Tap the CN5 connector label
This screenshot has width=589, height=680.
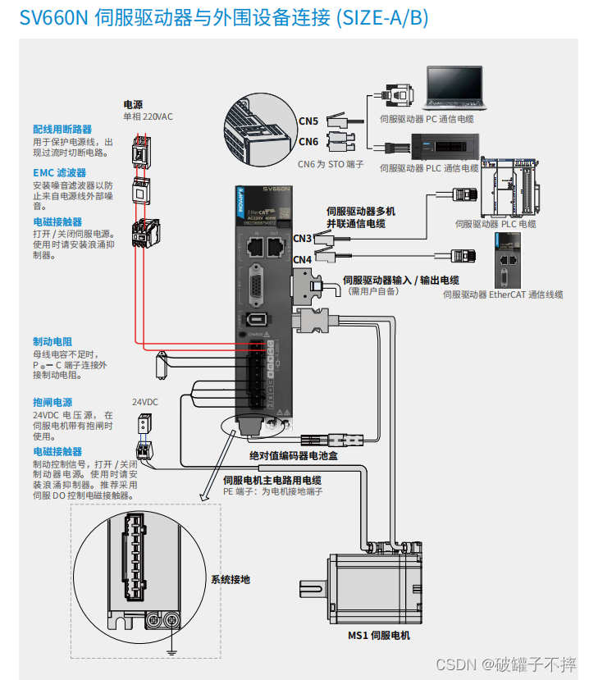tap(308, 121)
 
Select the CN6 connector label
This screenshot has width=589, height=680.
tap(308, 141)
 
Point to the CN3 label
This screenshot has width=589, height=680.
tap(303, 239)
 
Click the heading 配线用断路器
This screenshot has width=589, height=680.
tap(62, 130)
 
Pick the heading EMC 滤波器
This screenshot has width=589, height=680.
tap(60, 173)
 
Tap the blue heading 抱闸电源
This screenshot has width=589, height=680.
tap(53, 403)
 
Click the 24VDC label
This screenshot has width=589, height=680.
tap(144, 402)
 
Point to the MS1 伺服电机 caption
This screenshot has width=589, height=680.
tap(378, 636)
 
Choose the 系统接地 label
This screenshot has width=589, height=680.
tap(231, 579)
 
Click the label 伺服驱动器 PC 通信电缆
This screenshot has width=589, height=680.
tap(427, 119)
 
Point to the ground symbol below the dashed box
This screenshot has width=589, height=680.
tap(171, 651)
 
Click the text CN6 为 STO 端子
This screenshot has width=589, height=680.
tap(331, 164)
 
